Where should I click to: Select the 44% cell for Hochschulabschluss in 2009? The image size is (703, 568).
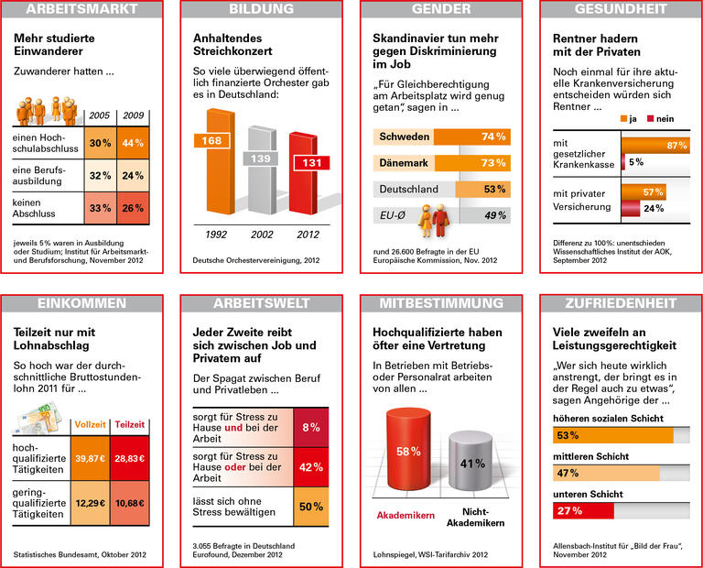click(x=133, y=143)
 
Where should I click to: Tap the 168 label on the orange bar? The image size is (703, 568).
click(x=212, y=141)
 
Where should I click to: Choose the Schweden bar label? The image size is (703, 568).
click(x=404, y=137)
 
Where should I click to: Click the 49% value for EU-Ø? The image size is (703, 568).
click(x=494, y=215)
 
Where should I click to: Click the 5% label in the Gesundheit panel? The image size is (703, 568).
click(x=635, y=162)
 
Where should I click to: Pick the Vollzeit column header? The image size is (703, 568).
click(x=90, y=425)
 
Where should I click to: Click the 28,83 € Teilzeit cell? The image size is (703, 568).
click(x=129, y=458)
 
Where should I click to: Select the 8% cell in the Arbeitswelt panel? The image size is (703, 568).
click(x=310, y=426)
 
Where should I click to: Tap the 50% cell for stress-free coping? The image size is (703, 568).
click(x=310, y=506)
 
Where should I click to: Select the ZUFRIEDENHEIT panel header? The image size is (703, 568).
click(x=621, y=302)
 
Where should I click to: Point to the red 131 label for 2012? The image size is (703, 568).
click(x=308, y=163)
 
